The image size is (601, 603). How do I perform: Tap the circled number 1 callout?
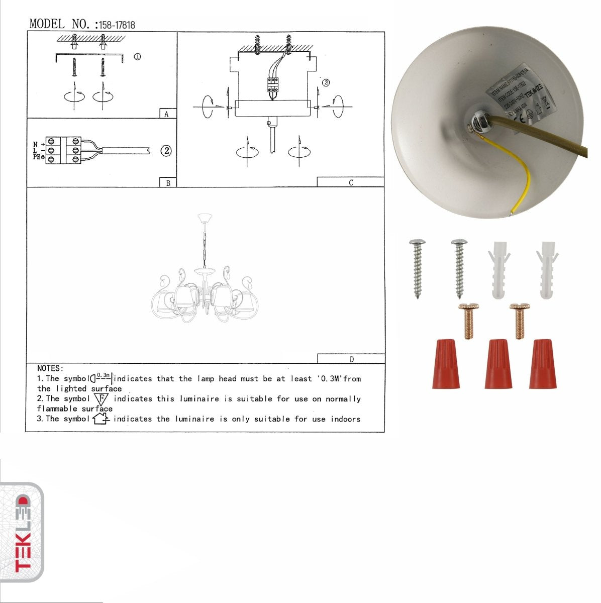(137, 57)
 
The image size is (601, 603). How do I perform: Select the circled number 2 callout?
(166, 150)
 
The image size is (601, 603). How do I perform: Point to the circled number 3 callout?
(326, 82)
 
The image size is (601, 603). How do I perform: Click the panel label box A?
(167, 114)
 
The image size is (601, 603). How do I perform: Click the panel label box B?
(168, 183)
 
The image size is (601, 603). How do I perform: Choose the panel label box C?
(350, 182)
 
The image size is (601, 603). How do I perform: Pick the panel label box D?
(351, 359)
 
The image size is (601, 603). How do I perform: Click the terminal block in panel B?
(63, 150)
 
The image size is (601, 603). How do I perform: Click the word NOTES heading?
(50, 368)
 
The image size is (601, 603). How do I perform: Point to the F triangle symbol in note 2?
(101, 399)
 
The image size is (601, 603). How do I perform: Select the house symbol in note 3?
(101, 418)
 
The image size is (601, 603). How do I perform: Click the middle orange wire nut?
(498, 364)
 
